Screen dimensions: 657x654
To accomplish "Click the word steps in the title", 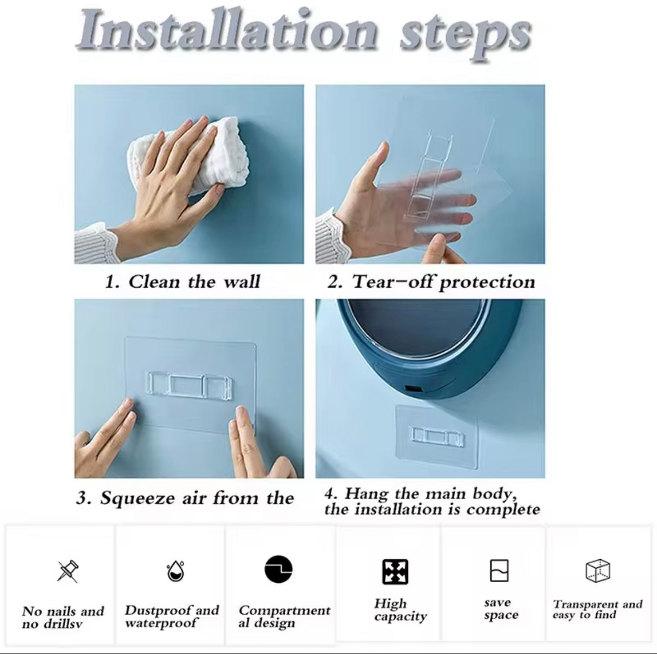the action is pyautogui.click(x=465, y=38).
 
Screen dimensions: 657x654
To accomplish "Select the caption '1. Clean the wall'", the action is pyautogui.click(x=182, y=282).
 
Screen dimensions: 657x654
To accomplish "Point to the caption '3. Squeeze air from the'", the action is pyautogui.click(x=185, y=498).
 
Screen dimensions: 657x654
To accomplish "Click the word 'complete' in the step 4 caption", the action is pyautogui.click(x=503, y=510).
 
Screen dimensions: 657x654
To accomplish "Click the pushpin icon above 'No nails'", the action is pyautogui.click(x=68, y=571).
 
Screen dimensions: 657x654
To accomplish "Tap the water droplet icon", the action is pyautogui.click(x=175, y=570).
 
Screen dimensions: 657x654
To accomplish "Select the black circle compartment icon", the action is pyautogui.click(x=279, y=569).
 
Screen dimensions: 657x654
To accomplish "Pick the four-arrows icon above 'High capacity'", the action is pyautogui.click(x=395, y=571).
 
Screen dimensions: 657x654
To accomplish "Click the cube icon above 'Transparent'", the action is pyautogui.click(x=598, y=570).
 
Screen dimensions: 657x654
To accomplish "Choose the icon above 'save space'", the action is pyautogui.click(x=499, y=570).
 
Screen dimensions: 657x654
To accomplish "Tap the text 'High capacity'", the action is pyautogui.click(x=400, y=610).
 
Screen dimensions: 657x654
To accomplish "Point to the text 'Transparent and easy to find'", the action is pyautogui.click(x=597, y=609).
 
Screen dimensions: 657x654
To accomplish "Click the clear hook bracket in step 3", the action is pyautogui.click(x=189, y=384).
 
